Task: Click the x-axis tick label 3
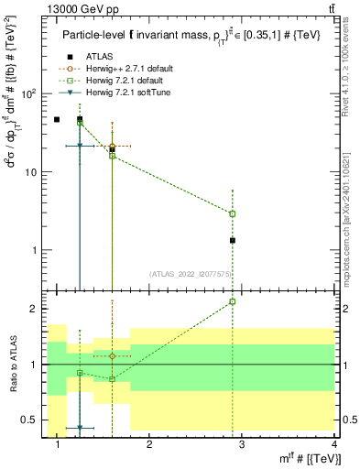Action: pyautogui.click(x=242, y=445)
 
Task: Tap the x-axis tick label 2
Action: pyautogui.click(x=149, y=445)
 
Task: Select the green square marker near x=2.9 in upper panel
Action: pyautogui.click(x=233, y=213)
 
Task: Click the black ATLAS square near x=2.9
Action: pyautogui.click(x=233, y=240)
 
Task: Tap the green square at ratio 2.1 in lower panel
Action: pyautogui.click(x=233, y=301)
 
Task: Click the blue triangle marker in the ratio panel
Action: pyautogui.click(x=80, y=428)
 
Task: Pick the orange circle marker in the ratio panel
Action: pyautogui.click(x=112, y=355)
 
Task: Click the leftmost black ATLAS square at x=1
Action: pyautogui.click(x=57, y=119)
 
